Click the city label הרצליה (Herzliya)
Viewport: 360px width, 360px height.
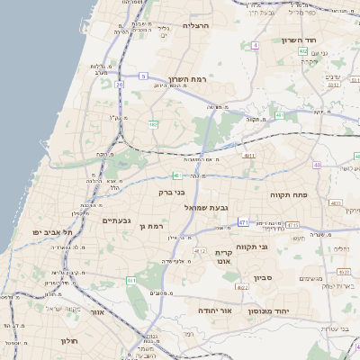(x=195, y=26)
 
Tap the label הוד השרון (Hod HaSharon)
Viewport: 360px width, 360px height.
(x=295, y=40)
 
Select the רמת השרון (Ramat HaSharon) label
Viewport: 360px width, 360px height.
(x=188, y=80)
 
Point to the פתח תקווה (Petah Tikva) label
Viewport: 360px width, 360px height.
(x=290, y=193)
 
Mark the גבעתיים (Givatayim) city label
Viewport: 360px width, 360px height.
(x=117, y=220)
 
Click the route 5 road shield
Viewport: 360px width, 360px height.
(x=142, y=76)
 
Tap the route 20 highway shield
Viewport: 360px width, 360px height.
(x=118, y=84)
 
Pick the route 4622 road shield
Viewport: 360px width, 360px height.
(x=242, y=287)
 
